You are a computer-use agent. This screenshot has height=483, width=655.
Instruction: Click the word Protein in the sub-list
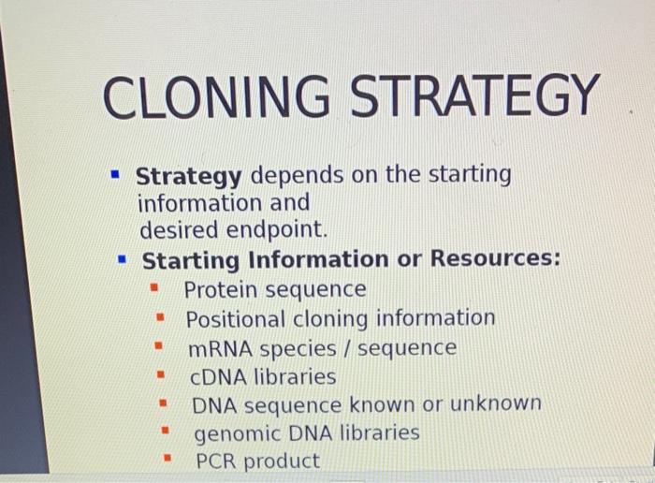[222, 290]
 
